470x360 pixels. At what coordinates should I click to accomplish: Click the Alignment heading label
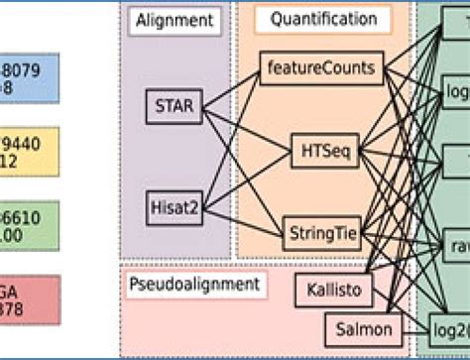176,20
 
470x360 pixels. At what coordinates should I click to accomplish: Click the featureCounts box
319,69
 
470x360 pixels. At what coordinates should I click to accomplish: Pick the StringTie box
319,233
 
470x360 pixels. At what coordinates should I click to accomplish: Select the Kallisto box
332,290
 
